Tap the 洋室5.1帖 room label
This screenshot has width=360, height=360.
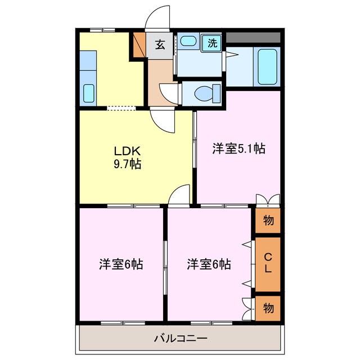(x=238, y=149)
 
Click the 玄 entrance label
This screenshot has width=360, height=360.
(x=160, y=44)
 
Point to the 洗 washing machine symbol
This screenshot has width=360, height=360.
(x=213, y=42)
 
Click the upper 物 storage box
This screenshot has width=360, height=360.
(x=268, y=220)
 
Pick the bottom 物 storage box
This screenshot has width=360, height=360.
(x=268, y=308)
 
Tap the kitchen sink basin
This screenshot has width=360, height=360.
(x=88, y=93)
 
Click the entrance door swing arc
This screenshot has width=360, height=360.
(x=157, y=18)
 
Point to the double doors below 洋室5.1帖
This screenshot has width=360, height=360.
(x=267, y=200)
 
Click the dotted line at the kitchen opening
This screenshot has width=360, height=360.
(x=121, y=107)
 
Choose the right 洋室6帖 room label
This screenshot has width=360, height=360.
(x=209, y=263)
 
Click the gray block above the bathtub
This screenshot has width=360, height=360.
(x=253, y=37)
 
